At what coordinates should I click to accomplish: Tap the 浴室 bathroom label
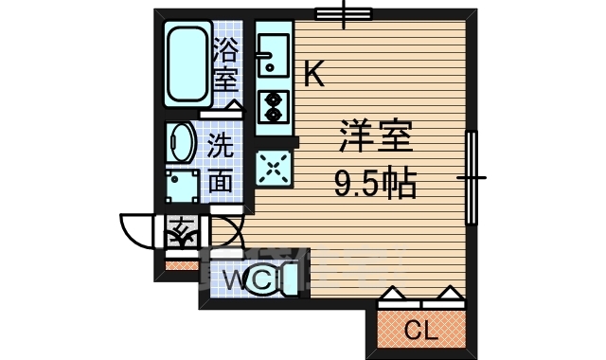225,63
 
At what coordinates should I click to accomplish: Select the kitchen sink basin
273,55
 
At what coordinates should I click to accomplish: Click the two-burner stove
273,106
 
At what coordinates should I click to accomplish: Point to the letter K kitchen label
314,74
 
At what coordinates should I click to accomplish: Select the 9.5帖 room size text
375,183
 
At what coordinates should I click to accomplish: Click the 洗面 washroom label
220,163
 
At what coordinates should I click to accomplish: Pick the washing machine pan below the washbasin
181,187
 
